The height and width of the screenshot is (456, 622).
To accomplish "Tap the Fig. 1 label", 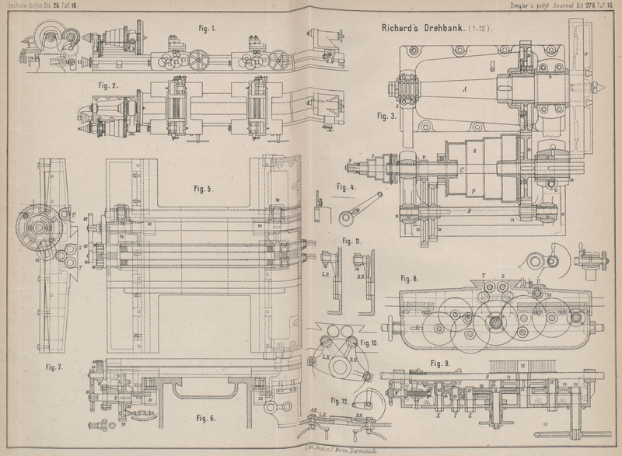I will coord(208,30).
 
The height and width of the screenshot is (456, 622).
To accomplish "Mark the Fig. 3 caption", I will coord(386,116).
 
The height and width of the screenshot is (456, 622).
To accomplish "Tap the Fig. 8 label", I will coord(410,277).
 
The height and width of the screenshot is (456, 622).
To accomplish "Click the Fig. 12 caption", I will coord(340,401).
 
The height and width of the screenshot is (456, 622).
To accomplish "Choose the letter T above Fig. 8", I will coord(484,276).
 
